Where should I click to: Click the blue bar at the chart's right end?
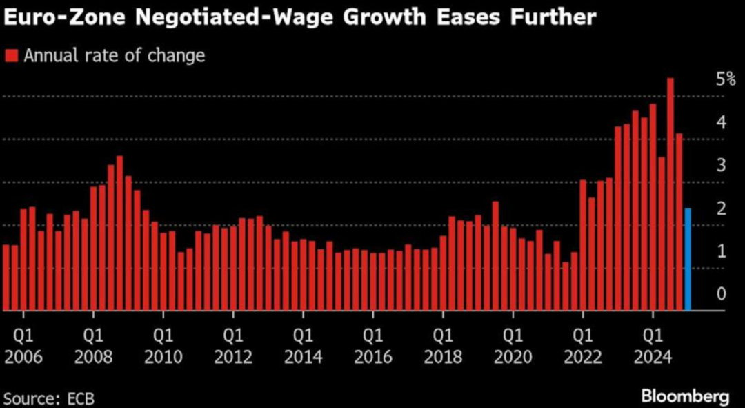tap(687, 259)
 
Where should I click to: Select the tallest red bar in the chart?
tap(670, 194)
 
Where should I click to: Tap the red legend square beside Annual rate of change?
tap(11, 56)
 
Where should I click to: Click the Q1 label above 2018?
tap(443, 338)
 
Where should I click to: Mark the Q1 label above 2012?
tap(233, 338)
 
